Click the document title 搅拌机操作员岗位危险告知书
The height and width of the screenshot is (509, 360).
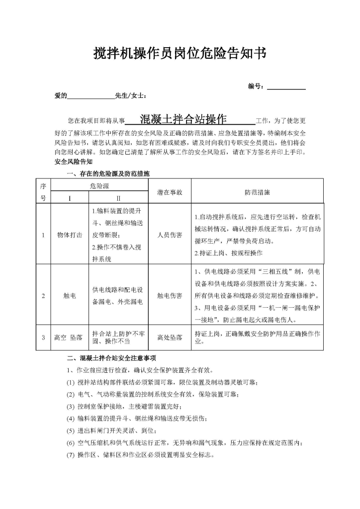click(x=180, y=54)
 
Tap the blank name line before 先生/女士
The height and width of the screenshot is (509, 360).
click(x=90, y=96)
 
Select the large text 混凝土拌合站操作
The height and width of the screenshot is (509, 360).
click(x=183, y=120)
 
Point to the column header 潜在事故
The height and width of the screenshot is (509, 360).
click(x=169, y=192)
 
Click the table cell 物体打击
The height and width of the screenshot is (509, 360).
click(x=70, y=235)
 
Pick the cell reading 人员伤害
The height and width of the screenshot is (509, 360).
click(x=169, y=235)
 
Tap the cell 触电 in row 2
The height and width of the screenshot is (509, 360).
click(x=70, y=296)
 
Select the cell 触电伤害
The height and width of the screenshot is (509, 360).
click(x=169, y=296)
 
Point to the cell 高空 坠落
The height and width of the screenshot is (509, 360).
click(x=70, y=338)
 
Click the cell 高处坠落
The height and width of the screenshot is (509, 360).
click(x=169, y=338)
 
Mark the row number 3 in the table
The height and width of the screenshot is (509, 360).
click(x=43, y=338)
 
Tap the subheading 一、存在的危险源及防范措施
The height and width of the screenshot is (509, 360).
click(x=107, y=173)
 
